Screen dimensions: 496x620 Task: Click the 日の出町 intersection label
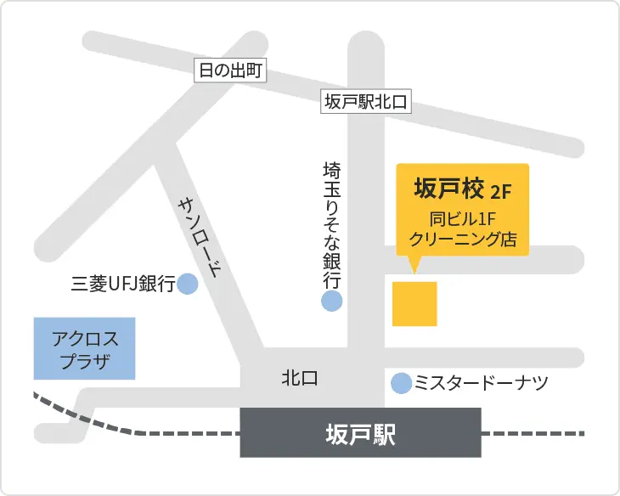coord(229,70)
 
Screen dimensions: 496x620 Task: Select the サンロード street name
coord(200,239)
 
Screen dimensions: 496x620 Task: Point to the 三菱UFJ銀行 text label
coord(123,285)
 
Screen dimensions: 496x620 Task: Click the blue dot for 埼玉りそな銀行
coord(331,301)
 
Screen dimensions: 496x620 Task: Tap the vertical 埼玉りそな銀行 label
coord(331,225)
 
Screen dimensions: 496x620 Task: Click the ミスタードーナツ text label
coord(481,384)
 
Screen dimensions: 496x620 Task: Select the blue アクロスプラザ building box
coord(84,349)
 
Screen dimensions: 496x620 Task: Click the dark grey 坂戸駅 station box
coord(360,433)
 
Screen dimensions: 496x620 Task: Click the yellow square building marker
coord(414,303)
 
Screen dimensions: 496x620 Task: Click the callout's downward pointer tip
coord(414,272)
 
